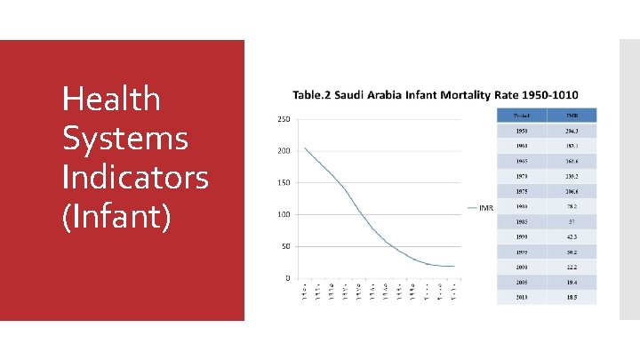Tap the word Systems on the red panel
point(124,138)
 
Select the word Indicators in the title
point(135,177)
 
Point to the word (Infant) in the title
point(116,216)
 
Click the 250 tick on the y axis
point(282,119)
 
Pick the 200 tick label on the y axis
point(282,151)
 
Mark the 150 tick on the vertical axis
point(282,183)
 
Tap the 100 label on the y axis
point(282,214)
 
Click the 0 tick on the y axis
point(286,278)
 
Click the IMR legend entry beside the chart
point(485,209)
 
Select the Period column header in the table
point(523,115)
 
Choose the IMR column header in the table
point(572,115)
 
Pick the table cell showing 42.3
point(572,236)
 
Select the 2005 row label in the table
point(523,281)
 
